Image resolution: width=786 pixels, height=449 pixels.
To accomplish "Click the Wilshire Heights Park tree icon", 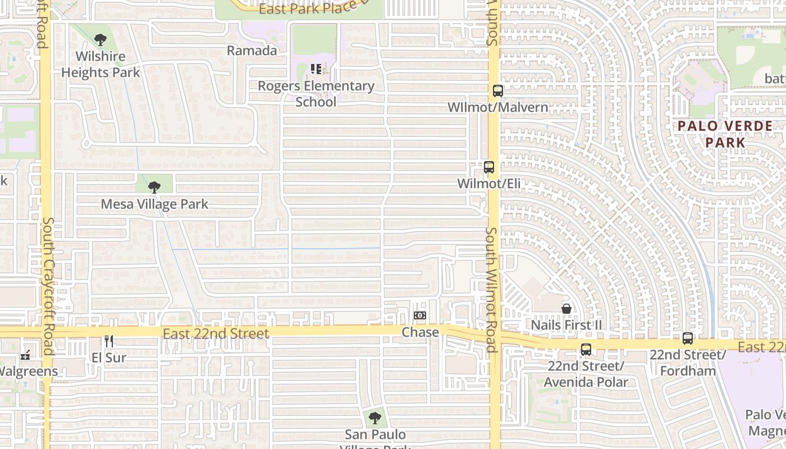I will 100,40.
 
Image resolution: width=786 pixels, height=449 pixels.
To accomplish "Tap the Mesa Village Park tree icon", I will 154,187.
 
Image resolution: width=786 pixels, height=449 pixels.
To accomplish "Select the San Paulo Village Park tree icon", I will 375,418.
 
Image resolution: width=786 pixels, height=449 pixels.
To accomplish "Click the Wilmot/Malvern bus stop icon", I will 497,91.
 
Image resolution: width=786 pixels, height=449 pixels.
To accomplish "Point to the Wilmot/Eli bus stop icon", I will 489,167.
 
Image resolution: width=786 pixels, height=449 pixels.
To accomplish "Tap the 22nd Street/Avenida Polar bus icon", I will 586,350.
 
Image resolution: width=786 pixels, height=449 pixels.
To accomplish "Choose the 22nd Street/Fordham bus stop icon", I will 688,338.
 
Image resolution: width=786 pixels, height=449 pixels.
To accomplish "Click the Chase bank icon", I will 420,315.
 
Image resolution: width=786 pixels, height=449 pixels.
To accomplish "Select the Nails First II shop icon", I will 566,309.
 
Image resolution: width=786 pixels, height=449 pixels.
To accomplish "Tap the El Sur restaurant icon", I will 109,341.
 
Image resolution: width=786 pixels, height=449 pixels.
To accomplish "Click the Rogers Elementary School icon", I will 316,69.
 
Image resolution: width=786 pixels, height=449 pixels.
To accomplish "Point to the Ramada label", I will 252,51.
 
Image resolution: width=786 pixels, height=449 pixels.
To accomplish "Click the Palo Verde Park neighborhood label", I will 725,134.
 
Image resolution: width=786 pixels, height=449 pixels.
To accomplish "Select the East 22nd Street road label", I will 216,333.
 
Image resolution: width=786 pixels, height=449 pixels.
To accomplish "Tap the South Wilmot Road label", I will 492,289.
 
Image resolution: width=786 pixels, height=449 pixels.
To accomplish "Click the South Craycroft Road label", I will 48,286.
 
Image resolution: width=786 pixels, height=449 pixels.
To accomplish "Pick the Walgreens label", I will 28,371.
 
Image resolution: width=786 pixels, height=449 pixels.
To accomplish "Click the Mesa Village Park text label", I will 154,204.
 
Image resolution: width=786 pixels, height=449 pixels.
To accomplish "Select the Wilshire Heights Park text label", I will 100,65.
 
